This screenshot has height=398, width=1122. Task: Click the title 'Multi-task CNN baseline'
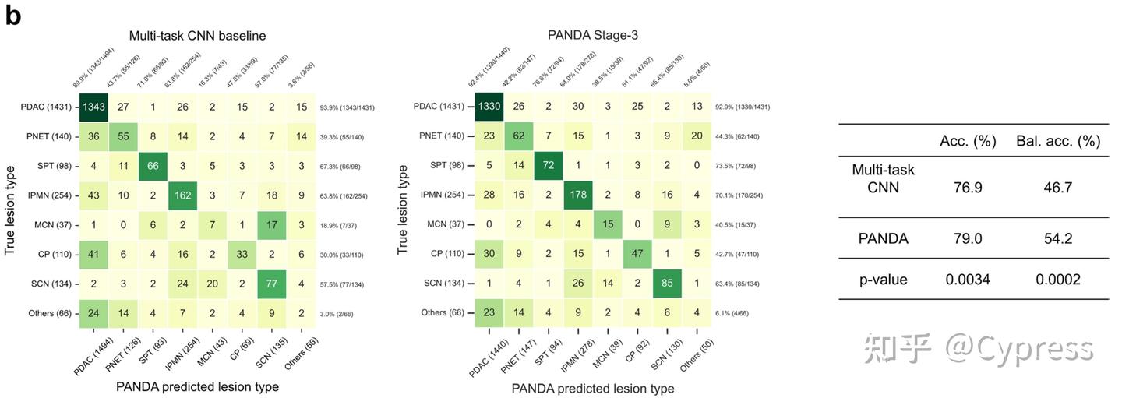pos(198,35)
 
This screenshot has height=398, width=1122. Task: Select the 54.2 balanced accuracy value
pos(1057,238)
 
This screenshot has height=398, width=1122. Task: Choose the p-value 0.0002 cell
pos(1057,279)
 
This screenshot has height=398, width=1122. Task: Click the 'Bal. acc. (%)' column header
pos(1057,141)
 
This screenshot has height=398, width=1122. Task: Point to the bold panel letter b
pos(13,16)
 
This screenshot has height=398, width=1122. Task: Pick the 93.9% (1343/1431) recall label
pos(347,107)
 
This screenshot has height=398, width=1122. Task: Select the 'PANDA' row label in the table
pos(883,238)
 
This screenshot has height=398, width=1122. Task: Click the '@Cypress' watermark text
pos(1020,348)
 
